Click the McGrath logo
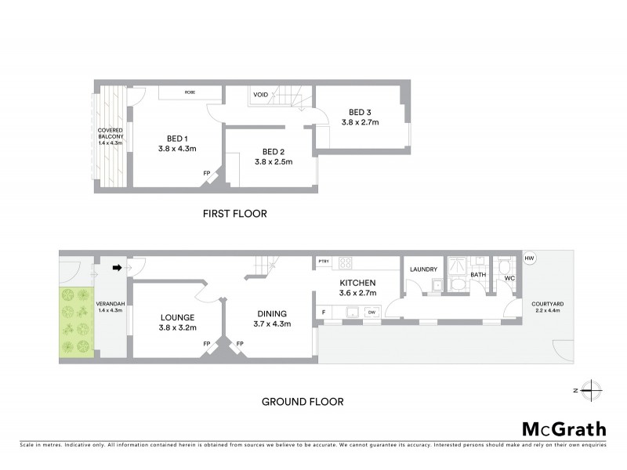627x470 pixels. click(564, 428)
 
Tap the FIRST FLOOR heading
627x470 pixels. click(234, 213)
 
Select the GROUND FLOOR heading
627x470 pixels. click(302, 402)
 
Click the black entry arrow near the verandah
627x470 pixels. click(117, 268)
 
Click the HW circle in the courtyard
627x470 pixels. click(530, 258)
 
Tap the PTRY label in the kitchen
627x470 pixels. click(323, 261)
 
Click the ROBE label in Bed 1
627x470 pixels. click(190, 92)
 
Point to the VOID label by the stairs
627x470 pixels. click(260, 95)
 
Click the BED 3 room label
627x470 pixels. click(359, 112)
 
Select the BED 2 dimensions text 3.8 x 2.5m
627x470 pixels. click(273, 162)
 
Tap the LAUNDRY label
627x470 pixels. click(423, 269)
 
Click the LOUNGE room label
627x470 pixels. click(176, 316)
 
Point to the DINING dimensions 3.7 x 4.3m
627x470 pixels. click(272, 324)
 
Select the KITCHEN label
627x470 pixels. click(358, 283)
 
